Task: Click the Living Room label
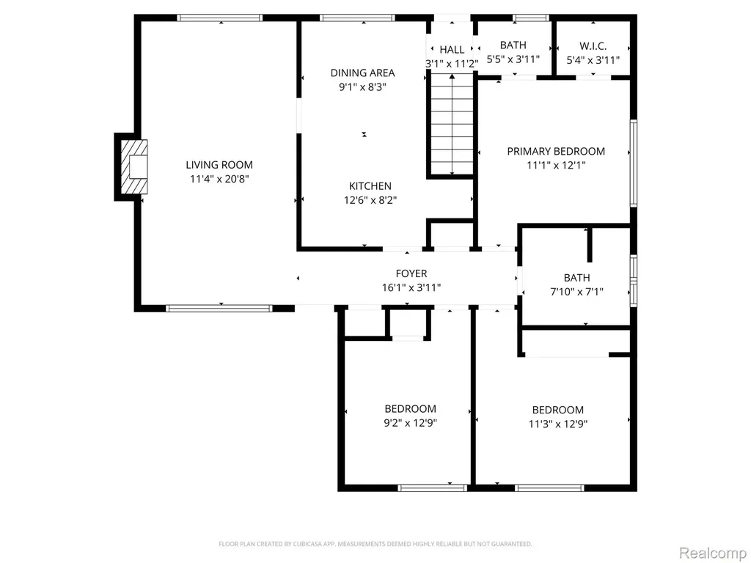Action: pos(219,165)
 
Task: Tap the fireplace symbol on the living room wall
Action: pos(133,166)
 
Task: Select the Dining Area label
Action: pos(362,73)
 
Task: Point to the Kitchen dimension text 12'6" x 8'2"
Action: pos(370,199)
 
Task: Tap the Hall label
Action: pos(452,49)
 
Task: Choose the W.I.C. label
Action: pos(593,46)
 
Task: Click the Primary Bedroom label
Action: pos(556,151)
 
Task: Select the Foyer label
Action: pos(411,273)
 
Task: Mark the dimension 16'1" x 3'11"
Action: pos(411,287)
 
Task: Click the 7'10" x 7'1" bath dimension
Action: pos(576,291)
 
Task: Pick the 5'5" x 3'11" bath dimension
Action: pos(513,59)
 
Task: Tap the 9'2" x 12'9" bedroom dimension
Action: pos(411,423)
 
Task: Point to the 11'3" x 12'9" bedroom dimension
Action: pos(558,424)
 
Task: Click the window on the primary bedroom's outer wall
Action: pos(633,163)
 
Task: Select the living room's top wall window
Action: pos(220,18)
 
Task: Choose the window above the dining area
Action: pos(357,18)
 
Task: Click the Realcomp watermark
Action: pos(713,553)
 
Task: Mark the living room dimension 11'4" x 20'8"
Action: pos(219,179)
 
